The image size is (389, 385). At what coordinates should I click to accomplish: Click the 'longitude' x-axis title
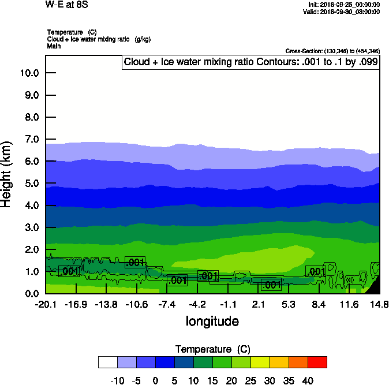tap(212, 321)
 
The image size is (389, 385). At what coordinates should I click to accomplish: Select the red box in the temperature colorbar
tap(317, 362)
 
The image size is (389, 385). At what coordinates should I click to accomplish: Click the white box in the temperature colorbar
tap(108, 362)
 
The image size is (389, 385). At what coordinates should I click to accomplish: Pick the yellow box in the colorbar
tap(260, 362)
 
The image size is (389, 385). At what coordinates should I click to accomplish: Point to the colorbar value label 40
tap(308, 381)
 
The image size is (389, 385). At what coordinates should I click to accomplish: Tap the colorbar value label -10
tap(117, 381)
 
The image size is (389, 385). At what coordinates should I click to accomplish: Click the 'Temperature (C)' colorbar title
tap(212, 349)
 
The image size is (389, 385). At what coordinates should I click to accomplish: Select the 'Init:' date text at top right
tap(344, 5)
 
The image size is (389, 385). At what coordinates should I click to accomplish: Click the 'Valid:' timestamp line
tap(341, 12)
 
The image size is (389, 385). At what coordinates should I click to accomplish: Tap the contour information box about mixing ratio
tap(251, 62)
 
